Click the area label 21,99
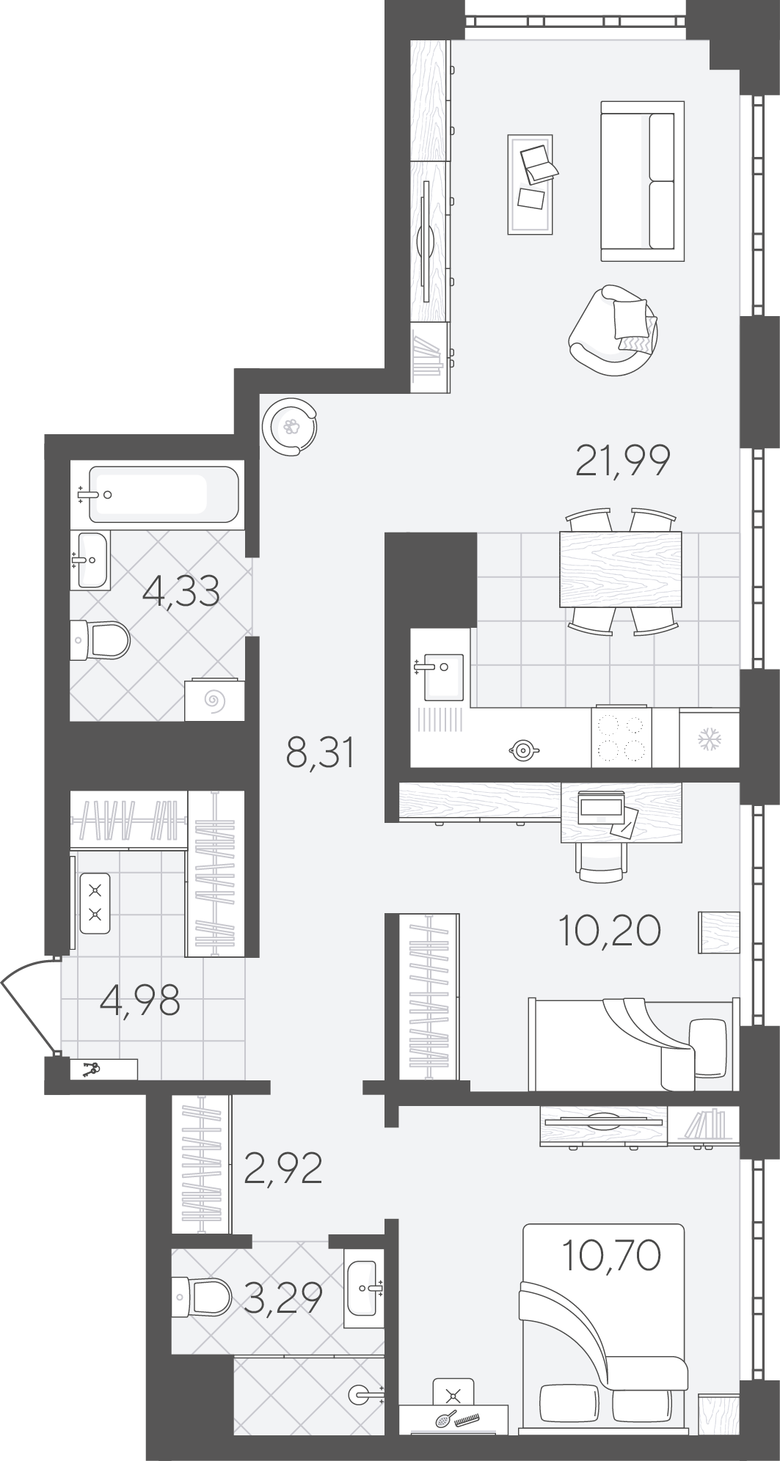tap(623, 461)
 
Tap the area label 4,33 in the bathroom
tap(181, 591)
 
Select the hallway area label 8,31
tap(321, 753)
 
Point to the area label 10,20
tap(610, 931)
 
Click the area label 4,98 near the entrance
tap(139, 1000)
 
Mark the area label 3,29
tap(283, 1298)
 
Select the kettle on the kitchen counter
tap(524, 750)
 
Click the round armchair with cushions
tap(613, 330)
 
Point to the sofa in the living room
tap(642, 181)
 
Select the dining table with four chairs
tap(620, 570)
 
